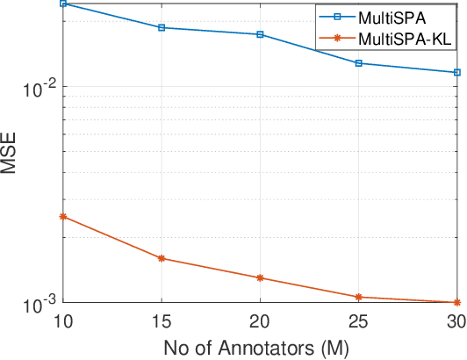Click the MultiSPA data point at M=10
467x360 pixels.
pos(62,4)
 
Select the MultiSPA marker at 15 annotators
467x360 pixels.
pos(162,27)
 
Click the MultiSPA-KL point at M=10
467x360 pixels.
pos(62,216)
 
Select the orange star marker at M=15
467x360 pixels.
pos(162,258)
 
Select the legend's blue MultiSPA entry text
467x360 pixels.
pos(393,18)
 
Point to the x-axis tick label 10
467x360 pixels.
pos(62,321)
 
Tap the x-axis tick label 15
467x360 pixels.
pos(162,321)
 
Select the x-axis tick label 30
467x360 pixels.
pos(456,321)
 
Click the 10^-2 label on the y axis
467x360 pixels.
pos(41,86)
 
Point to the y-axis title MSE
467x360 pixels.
pos(11,153)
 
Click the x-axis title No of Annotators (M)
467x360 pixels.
pos(260,347)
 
